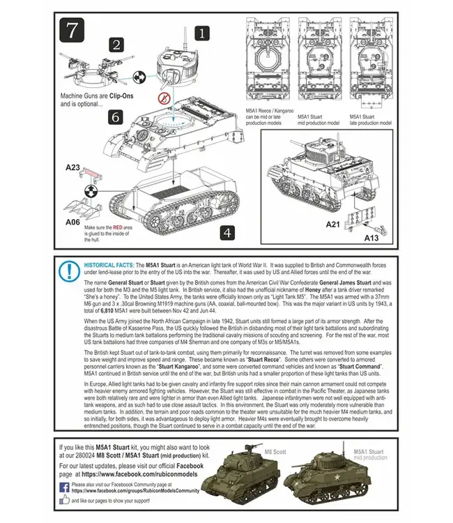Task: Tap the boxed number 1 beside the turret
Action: (201, 32)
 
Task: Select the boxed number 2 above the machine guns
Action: (116, 45)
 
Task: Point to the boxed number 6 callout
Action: (115, 116)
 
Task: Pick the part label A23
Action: (74, 167)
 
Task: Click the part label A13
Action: (372, 238)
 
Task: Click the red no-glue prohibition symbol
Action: (165, 98)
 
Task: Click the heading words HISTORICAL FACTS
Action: (109, 266)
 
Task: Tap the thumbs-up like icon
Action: (64, 500)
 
